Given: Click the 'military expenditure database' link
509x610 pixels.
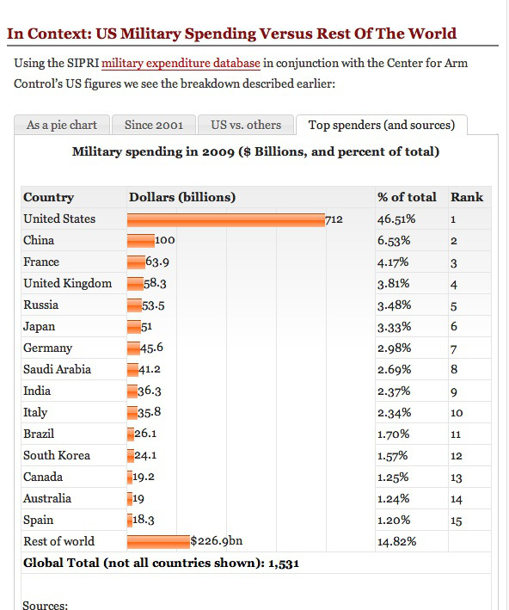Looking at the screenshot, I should (181, 63).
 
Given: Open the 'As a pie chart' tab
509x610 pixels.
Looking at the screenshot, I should (61, 126).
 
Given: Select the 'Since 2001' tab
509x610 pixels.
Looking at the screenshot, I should (154, 126).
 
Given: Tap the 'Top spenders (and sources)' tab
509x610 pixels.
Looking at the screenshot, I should (381, 126).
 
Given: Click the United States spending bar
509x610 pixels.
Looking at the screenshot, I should (225, 219).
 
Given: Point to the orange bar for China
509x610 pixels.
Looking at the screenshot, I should (140, 241).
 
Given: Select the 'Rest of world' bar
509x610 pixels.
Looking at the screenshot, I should (158, 542).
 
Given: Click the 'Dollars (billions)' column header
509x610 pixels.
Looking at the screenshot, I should (182, 197).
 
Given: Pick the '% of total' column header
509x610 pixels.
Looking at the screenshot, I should (407, 197).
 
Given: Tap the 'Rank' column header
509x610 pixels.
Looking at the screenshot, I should (467, 197).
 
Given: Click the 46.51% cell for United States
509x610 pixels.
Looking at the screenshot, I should (397, 219).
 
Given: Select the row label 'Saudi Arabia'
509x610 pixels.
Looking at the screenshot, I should (57, 370).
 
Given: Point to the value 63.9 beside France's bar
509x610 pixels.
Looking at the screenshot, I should (156, 262).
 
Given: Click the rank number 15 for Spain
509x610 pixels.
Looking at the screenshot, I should (457, 521).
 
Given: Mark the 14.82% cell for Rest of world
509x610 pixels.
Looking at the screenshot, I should (397, 542).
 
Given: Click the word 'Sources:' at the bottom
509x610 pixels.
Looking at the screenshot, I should (45, 605).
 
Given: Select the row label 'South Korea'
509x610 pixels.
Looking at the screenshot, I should (57, 456).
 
